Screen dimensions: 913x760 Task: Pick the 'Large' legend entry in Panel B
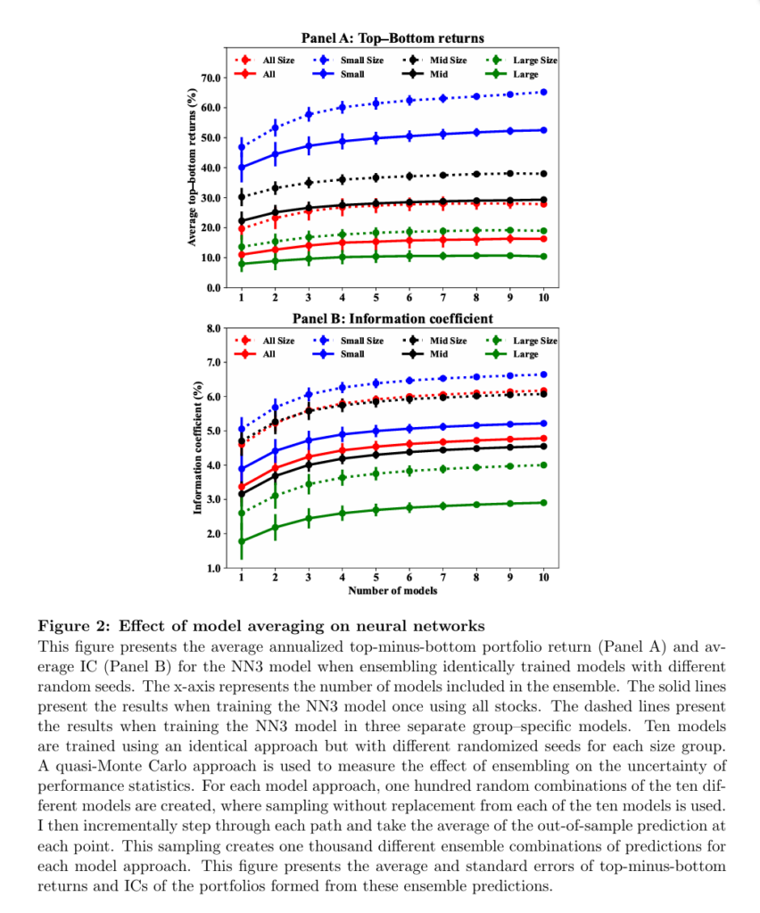(525, 354)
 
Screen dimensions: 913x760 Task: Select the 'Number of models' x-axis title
(392, 589)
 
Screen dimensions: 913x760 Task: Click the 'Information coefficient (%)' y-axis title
(196, 448)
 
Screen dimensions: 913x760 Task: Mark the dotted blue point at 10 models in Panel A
(543, 92)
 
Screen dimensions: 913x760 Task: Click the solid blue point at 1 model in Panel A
(242, 167)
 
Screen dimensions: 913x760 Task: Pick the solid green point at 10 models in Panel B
(543, 503)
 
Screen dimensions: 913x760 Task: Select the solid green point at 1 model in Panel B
(242, 541)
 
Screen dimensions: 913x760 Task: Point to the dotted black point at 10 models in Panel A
(543, 173)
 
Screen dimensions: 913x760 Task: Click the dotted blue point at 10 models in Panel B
(543, 374)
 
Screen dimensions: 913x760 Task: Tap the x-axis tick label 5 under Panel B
(376, 578)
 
